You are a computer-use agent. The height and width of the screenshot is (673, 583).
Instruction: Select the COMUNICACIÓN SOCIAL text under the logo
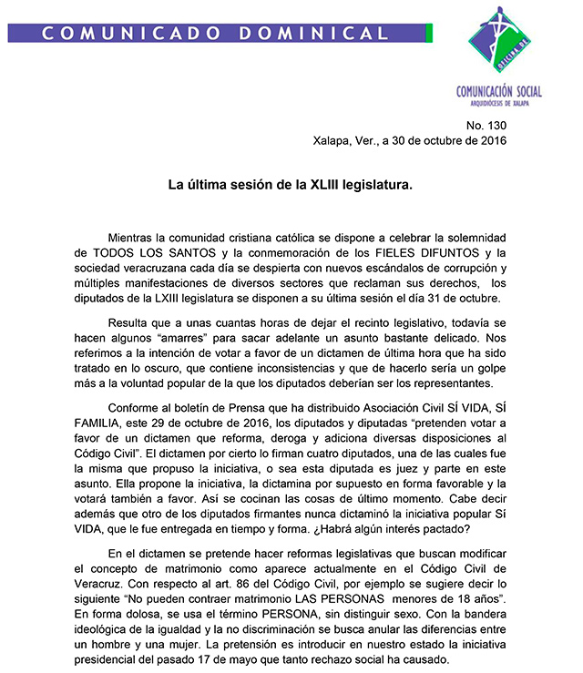(499, 91)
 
